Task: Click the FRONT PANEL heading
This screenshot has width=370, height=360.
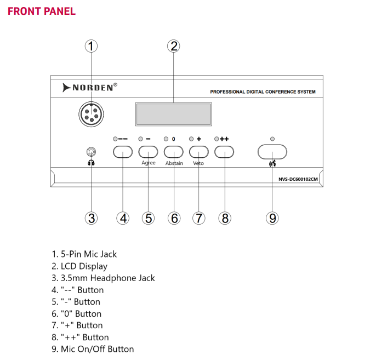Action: [x=42, y=11]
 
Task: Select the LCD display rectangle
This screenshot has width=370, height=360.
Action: [x=174, y=114]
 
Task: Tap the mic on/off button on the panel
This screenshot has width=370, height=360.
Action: [x=272, y=151]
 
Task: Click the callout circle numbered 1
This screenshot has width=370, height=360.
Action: [x=92, y=46]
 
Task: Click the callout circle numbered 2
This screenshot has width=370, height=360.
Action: [x=174, y=46]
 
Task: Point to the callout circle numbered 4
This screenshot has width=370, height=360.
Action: [x=123, y=218]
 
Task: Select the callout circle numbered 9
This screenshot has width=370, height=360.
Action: [x=272, y=218]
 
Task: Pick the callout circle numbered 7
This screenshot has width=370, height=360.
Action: [x=198, y=218]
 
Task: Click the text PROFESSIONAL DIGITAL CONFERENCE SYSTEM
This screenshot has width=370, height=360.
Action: [x=263, y=92]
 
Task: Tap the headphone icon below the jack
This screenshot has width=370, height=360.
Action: [x=92, y=163]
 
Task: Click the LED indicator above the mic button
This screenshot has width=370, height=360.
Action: [x=272, y=139]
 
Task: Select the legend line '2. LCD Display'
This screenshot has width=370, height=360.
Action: [x=79, y=266]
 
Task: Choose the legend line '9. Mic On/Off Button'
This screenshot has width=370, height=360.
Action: [x=93, y=349]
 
